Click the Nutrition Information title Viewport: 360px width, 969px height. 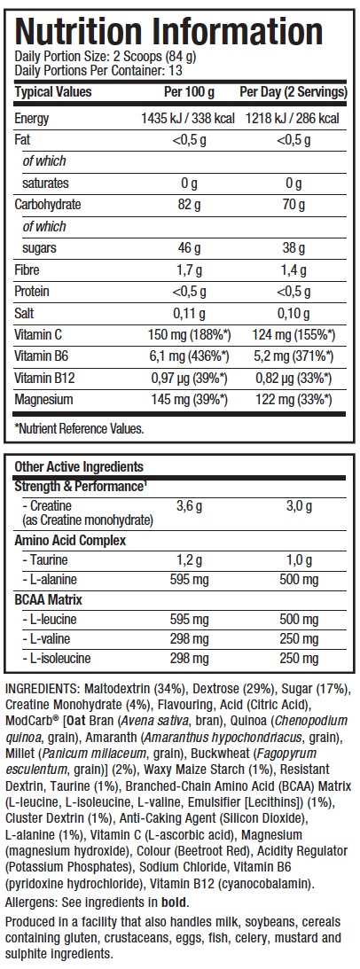(168, 30)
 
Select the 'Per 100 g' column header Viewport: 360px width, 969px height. (189, 92)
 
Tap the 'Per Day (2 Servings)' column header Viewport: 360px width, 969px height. (293, 92)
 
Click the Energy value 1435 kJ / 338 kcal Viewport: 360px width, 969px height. (188, 118)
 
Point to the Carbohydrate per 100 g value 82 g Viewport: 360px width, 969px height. (188, 205)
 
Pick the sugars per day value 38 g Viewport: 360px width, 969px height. (293, 248)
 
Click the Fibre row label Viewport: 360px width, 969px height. (26, 270)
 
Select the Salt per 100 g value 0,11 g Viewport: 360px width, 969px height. (188, 313)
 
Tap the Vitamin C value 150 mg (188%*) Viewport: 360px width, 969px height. (189, 334)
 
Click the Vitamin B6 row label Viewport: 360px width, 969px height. (40, 356)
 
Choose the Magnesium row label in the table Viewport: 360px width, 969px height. (43, 399)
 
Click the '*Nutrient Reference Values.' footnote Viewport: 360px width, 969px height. (79, 428)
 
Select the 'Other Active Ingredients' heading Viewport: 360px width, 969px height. (79, 466)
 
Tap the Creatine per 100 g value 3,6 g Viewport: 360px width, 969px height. (188, 506)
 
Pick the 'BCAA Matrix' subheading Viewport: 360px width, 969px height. (48, 599)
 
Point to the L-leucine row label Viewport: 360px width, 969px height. (50, 619)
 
